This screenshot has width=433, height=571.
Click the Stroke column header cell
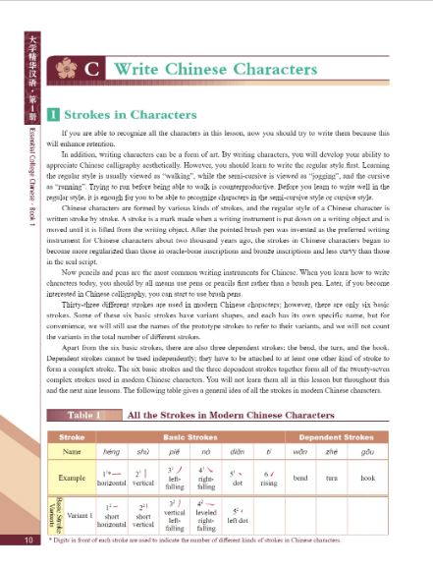coord(72,462)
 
